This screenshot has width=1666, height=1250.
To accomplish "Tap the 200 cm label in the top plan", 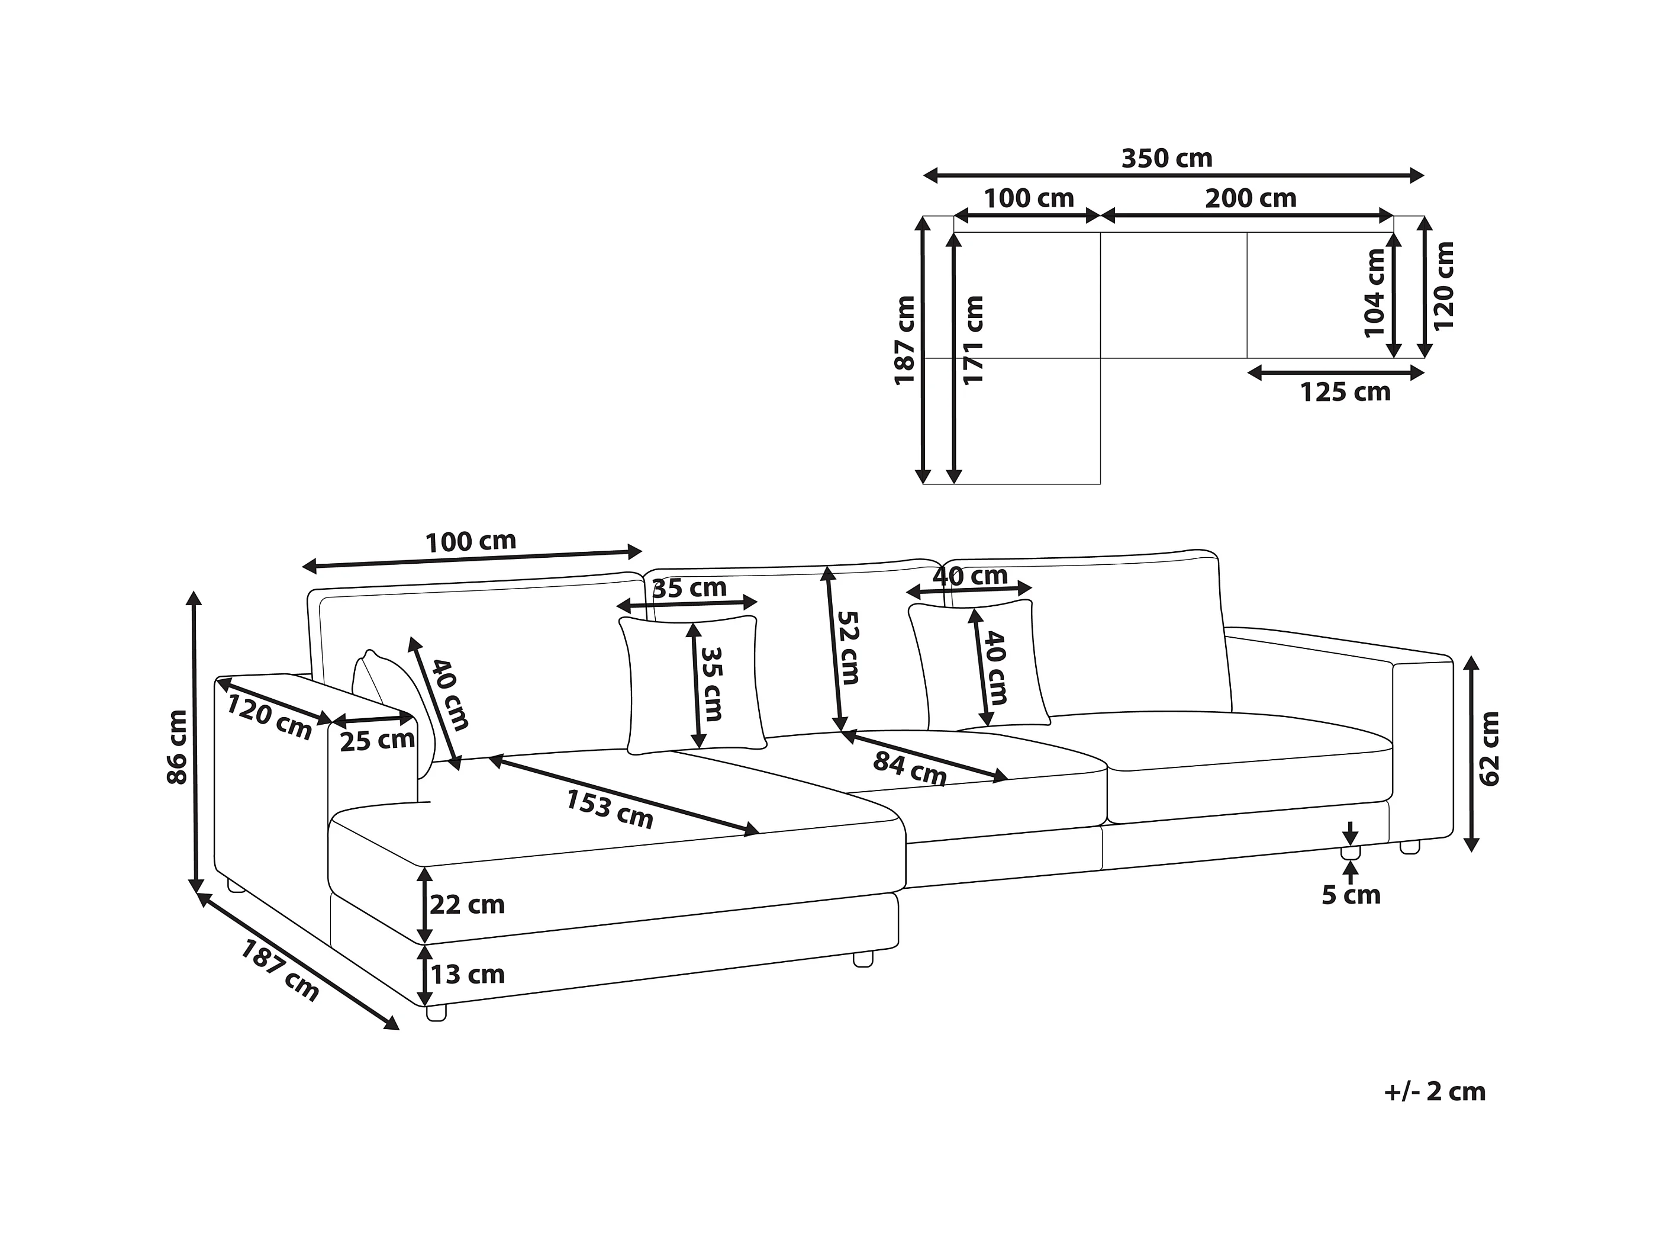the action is point(1251,199).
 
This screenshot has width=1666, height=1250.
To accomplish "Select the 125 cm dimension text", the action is point(1345,393).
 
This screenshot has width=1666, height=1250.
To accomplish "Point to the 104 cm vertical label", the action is point(1375,293).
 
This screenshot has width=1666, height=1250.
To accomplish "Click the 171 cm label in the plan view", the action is point(974,340).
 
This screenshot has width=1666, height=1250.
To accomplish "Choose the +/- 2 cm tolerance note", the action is point(1435,1092).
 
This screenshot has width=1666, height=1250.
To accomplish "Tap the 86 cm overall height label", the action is point(178,746).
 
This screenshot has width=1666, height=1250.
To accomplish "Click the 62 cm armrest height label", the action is point(1490,748).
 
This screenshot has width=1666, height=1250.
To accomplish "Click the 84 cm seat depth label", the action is point(909,769).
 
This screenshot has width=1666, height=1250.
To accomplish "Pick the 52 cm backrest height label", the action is point(848,647).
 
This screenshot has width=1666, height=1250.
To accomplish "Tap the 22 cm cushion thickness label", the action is point(467,904).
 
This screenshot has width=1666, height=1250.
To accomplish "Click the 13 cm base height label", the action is point(467,974).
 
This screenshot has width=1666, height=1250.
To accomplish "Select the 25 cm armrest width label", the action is point(376,741).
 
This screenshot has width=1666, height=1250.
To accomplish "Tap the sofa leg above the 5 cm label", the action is point(1350,853).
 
